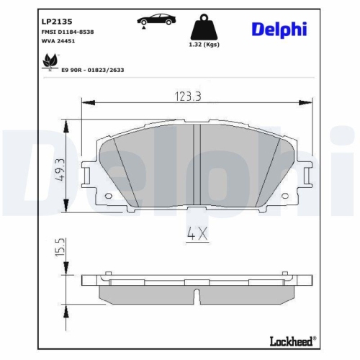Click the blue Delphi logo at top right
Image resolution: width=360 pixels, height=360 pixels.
point(279,29)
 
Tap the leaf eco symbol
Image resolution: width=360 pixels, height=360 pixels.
point(51,66)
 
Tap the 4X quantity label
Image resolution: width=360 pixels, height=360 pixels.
point(197,233)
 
